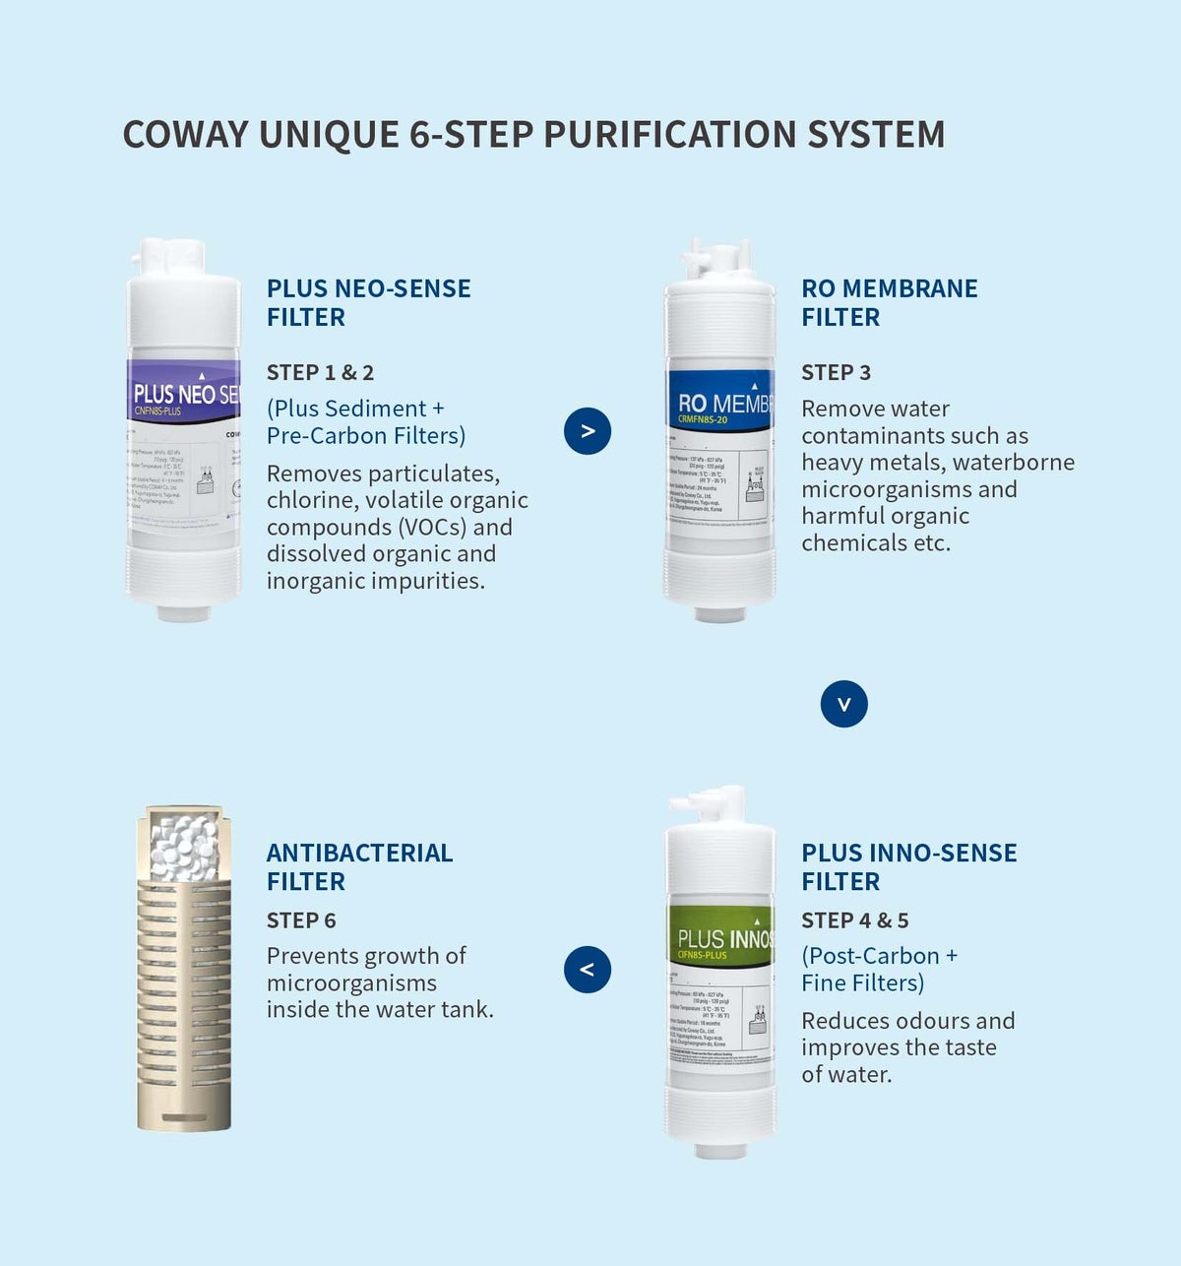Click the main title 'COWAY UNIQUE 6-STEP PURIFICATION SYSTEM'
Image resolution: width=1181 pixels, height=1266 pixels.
tap(533, 135)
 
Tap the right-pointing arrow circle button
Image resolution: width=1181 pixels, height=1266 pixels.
tap(588, 431)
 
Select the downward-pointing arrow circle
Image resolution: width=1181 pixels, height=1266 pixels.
tap(843, 704)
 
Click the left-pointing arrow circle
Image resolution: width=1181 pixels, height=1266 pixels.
tap(588, 970)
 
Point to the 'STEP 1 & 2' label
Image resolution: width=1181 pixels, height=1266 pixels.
tap(320, 373)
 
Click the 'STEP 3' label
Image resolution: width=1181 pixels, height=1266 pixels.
tap(836, 373)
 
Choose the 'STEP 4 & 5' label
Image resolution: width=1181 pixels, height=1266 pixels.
tap(854, 920)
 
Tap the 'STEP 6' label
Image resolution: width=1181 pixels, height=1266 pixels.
tap(301, 920)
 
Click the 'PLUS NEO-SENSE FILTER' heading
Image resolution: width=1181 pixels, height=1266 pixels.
tap(368, 302)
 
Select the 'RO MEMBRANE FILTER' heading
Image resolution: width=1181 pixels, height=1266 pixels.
tap(889, 302)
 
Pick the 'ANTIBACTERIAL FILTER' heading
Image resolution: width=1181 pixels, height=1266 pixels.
tap(359, 866)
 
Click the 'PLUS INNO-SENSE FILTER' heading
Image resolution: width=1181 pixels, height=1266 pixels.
tap(908, 866)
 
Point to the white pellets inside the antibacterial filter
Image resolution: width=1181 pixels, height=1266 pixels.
tap(184, 848)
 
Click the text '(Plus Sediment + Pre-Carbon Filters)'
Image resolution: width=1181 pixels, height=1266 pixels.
tap(365, 422)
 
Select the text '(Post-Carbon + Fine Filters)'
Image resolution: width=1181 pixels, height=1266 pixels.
tap(878, 970)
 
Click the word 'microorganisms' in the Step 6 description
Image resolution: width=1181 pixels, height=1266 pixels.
tap(351, 983)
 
